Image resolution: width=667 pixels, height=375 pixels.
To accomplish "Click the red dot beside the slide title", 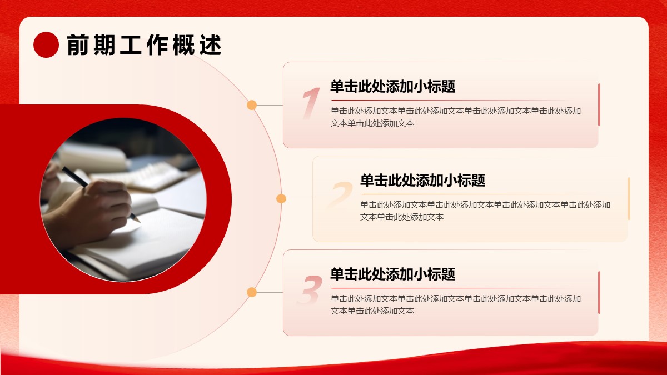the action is [x=46, y=44].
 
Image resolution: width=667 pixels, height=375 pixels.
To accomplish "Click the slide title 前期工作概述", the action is [x=144, y=45].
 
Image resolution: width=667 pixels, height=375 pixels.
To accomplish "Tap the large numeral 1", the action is [x=311, y=103].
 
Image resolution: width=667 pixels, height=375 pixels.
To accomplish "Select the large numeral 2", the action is [x=340, y=195].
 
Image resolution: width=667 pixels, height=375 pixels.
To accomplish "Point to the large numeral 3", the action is [x=310, y=289].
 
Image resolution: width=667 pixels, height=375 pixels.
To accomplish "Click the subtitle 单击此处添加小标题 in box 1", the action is [x=393, y=86].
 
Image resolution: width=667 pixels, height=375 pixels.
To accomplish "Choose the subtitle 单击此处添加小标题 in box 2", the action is [x=422, y=180].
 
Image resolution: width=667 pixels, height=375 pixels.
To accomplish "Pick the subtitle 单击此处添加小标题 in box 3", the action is [x=393, y=274].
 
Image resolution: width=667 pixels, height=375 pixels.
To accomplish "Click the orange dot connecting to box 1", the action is [x=252, y=105].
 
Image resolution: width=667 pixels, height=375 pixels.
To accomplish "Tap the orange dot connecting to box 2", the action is [x=281, y=198].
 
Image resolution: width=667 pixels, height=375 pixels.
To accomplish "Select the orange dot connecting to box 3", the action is [x=252, y=292].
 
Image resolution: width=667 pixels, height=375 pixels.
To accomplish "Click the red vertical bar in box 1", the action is [x=599, y=105].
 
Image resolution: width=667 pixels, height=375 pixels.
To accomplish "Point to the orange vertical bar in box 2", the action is [x=629, y=198].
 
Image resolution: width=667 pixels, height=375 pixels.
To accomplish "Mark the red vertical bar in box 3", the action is [x=599, y=292].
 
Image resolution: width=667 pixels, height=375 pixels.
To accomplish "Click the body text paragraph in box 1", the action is [x=456, y=117].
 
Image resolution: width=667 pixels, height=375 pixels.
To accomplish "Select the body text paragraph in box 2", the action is [x=485, y=211].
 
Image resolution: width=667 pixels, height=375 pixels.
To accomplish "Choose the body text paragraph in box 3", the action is [x=456, y=305].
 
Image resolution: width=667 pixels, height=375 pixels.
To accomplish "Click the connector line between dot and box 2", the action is [x=299, y=199].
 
